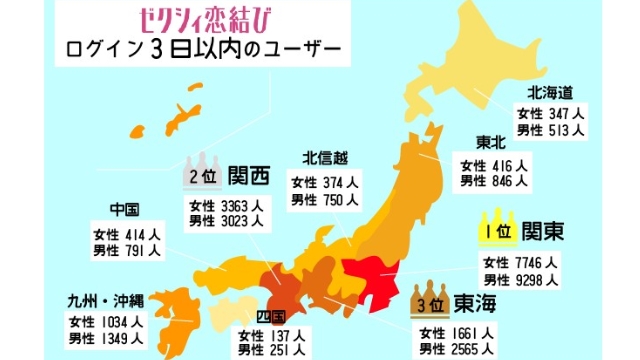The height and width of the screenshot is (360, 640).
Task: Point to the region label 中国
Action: [x=124, y=210]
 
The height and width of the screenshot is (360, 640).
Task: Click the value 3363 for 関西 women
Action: [x=234, y=206]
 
